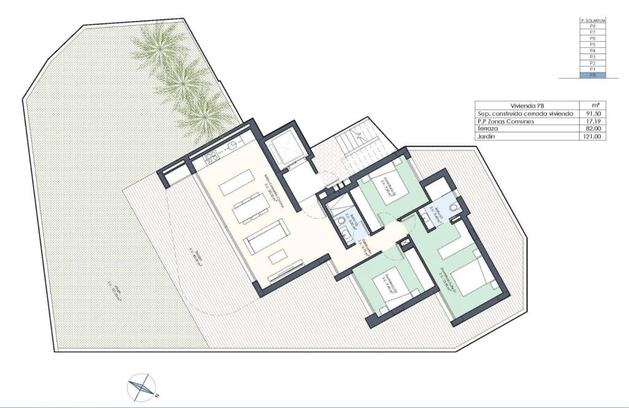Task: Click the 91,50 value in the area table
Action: [593, 114]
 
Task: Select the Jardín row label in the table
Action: [486, 137]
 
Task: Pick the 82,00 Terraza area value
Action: [593, 129]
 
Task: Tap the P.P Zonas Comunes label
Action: [506, 121]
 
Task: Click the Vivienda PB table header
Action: [527, 106]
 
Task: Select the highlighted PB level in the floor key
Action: [593, 75]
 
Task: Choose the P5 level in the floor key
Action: [593, 45]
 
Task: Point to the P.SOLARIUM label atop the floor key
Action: [593, 21]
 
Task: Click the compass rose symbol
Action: [142, 387]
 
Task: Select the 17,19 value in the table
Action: [593, 121]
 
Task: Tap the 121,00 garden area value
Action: [593, 137]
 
